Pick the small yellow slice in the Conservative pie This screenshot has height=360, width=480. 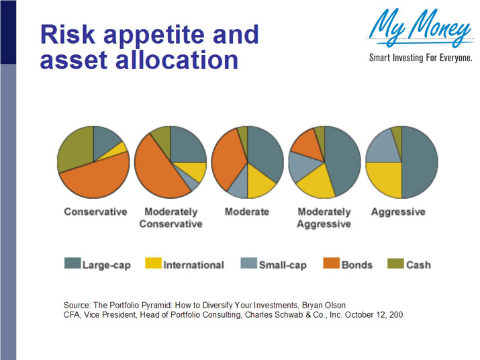click(120, 148)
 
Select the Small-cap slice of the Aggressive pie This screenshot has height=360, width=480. click(383, 146)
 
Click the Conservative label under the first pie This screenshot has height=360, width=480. click(95, 212)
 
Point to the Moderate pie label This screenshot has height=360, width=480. click(246, 212)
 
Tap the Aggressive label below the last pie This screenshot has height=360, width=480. click(398, 212)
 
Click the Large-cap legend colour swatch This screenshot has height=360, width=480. click(72, 264)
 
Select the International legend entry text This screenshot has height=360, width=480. click(193, 265)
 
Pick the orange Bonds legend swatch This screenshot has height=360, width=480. click(331, 264)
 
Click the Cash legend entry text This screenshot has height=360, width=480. click(418, 265)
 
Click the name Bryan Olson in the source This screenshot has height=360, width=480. click(322, 305)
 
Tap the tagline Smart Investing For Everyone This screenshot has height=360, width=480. click(421, 58)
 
